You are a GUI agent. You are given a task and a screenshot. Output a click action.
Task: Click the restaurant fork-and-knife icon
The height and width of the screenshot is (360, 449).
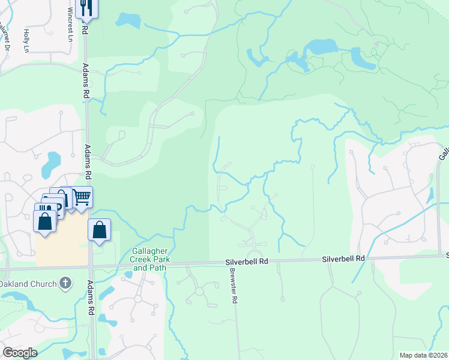tap(88, 8)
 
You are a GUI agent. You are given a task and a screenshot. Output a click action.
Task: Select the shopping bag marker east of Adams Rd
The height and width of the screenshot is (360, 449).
tap(100, 229)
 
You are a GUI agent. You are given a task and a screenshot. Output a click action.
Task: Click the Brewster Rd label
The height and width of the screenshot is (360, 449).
tap(232, 286)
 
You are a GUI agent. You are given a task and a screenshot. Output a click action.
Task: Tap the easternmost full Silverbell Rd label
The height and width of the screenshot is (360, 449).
tap(343, 259)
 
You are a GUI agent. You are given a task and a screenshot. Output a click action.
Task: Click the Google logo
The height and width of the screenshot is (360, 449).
tap(20, 353)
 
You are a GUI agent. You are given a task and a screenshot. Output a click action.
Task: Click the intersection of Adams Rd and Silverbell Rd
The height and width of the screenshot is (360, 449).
tap(90, 265)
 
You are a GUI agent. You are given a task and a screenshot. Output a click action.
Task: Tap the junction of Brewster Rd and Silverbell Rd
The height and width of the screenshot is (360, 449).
tap(231, 262)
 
